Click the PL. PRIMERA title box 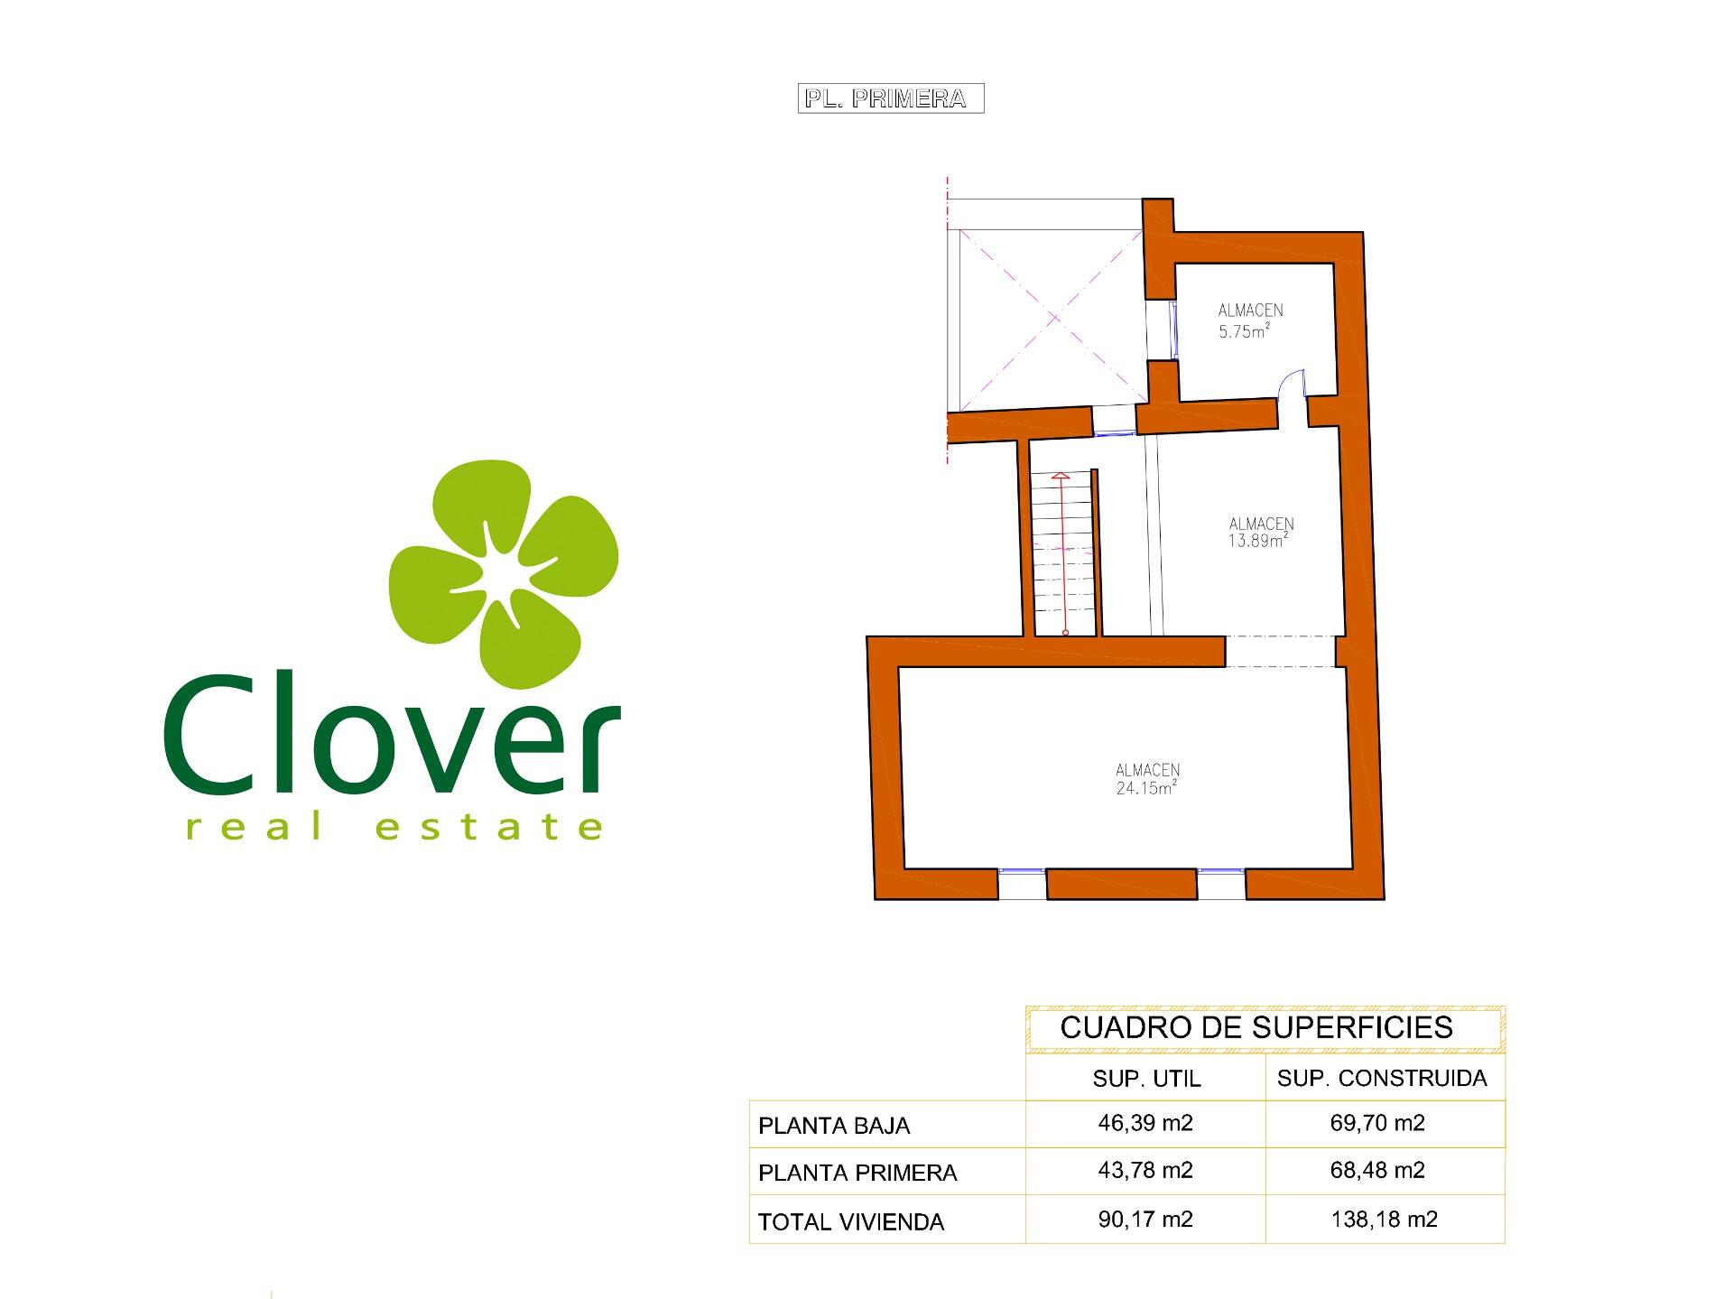pyautogui.click(x=890, y=98)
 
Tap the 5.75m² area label pyautogui.click(x=1244, y=331)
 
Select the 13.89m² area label pyautogui.click(x=1257, y=541)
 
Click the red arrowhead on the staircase pyautogui.click(x=1061, y=475)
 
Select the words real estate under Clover pyautogui.click(x=394, y=825)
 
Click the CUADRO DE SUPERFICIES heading pyautogui.click(x=1256, y=1027)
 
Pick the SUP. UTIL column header pyautogui.click(x=1146, y=1079)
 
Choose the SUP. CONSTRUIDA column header pyautogui.click(x=1382, y=1078)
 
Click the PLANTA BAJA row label pyautogui.click(x=834, y=1126)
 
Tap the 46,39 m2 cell pyautogui.click(x=1145, y=1123)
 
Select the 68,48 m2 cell pyautogui.click(x=1377, y=1170)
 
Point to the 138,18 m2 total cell pyautogui.click(x=1384, y=1220)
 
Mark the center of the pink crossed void pyautogui.click(x=1054, y=317)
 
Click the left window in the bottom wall pyautogui.click(x=1023, y=883)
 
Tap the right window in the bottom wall pyautogui.click(x=1221, y=883)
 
